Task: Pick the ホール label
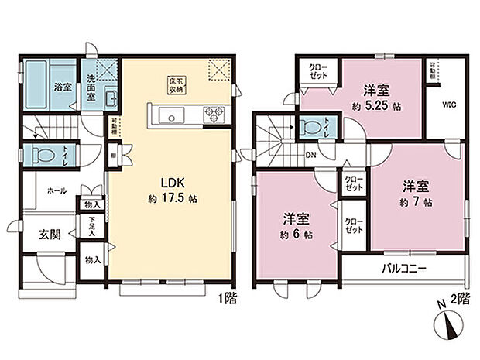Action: [x=57, y=190]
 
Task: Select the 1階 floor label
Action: [x=227, y=297]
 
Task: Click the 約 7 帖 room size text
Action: [x=416, y=203]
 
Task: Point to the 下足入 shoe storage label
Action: [x=91, y=226]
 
